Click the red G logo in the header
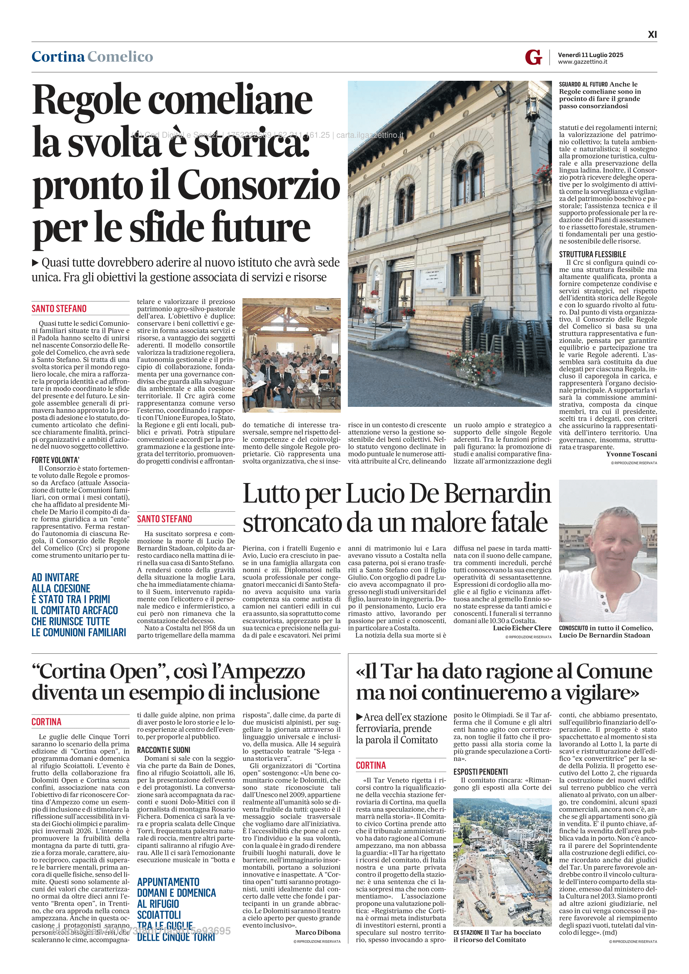(533, 57)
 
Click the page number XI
(652, 35)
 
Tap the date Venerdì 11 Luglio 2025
(590, 55)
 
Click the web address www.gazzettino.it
(582, 62)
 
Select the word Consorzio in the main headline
(259, 185)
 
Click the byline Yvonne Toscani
(631, 454)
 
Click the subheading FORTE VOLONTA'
(55, 460)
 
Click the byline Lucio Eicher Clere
(522, 628)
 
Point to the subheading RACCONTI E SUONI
(163, 750)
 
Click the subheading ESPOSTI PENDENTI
(480, 772)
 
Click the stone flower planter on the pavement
(478, 374)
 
